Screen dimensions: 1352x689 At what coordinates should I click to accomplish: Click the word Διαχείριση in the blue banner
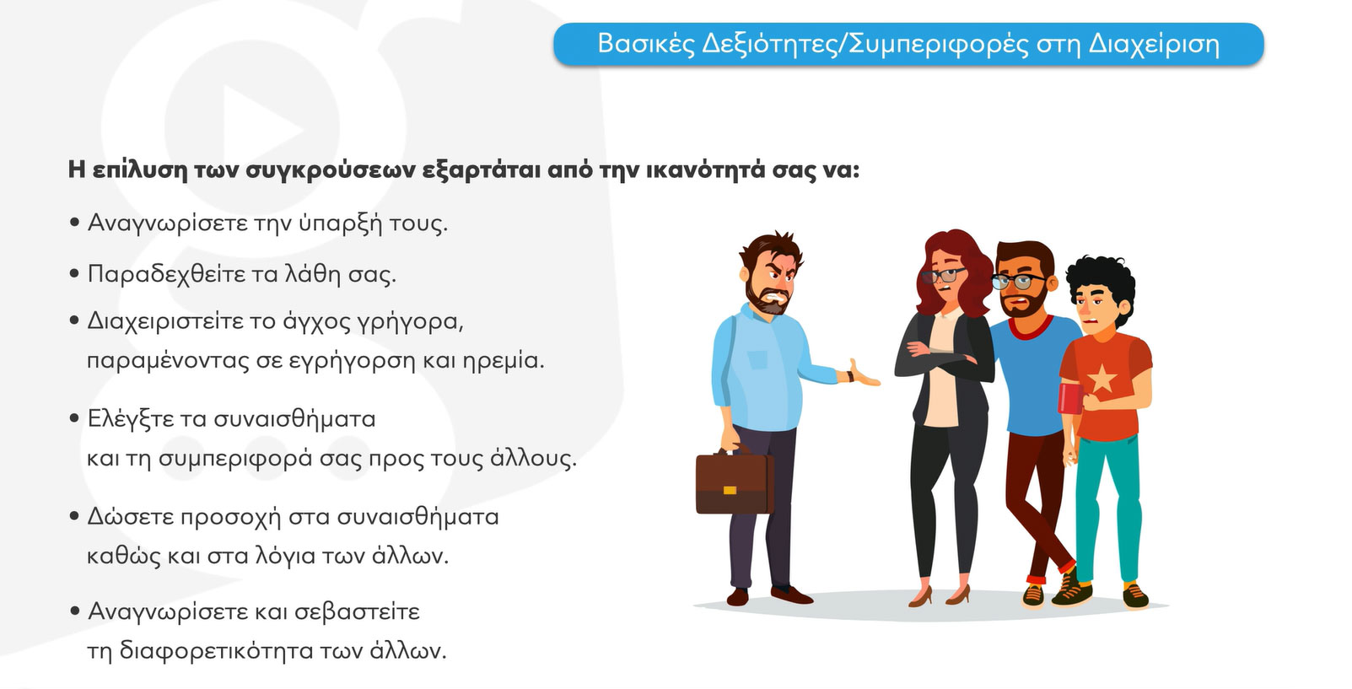[1154, 45]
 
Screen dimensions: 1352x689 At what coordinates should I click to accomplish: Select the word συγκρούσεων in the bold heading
[330, 170]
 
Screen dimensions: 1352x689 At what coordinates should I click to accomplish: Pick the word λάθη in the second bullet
[304, 275]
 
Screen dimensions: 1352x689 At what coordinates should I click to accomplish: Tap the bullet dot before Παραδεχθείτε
[75, 274]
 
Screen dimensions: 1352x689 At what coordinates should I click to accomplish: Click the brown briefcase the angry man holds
[735, 482]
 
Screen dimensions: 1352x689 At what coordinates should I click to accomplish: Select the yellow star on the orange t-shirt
[1102, 379]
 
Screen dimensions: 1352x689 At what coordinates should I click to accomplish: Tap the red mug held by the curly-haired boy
[1071, 398]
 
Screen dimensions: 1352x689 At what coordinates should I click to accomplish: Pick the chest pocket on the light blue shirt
[757, 360]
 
